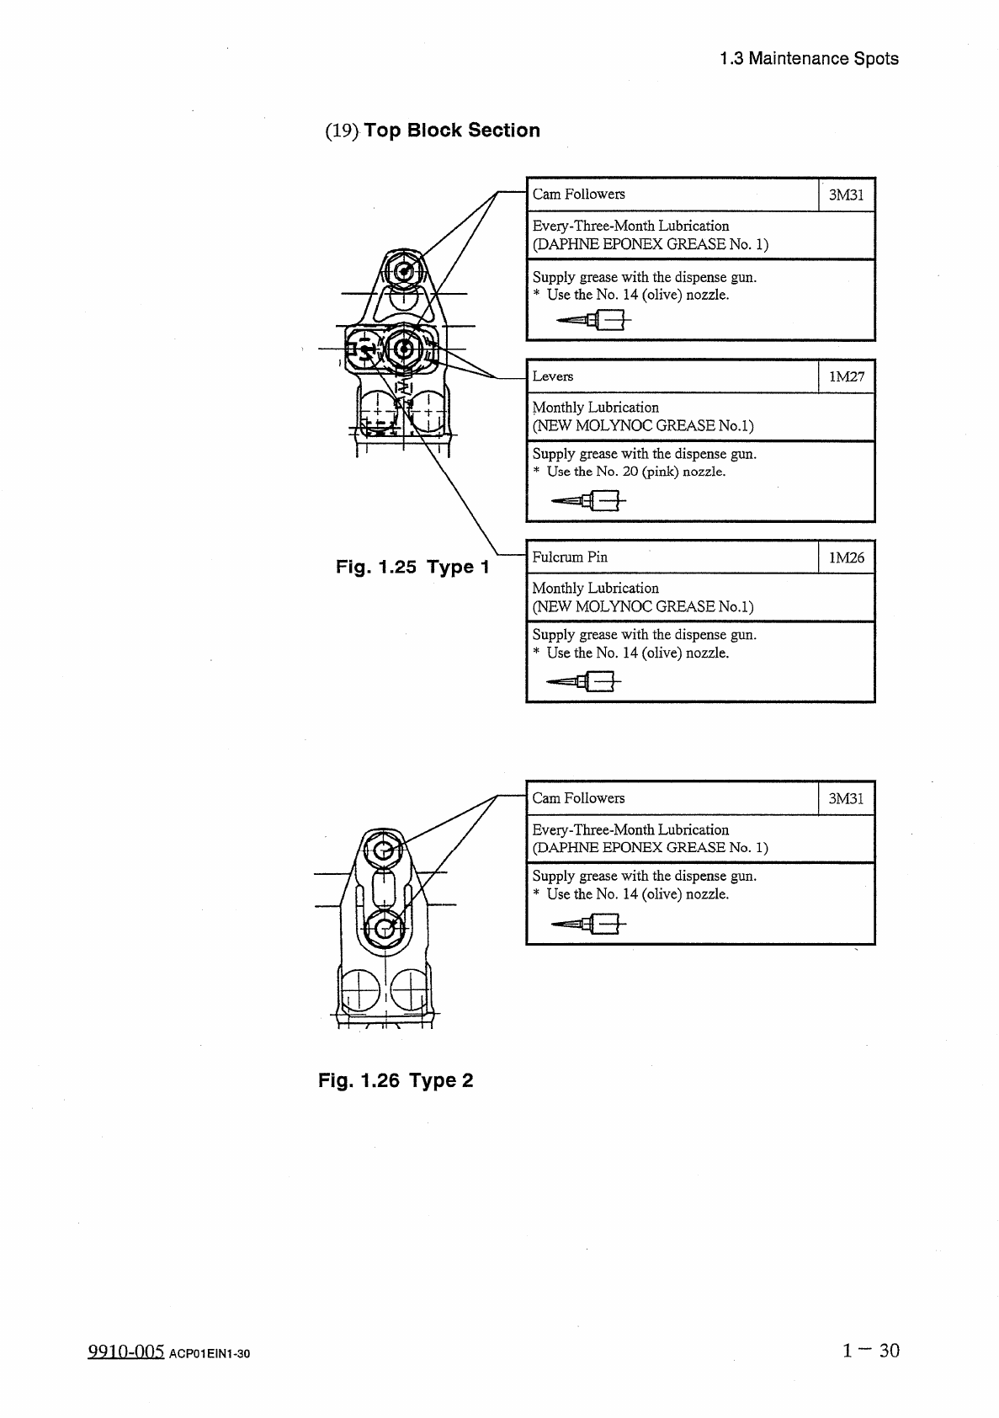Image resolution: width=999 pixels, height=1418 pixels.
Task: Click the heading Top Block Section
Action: (451, 131)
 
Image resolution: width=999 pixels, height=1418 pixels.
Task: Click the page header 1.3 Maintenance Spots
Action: (809, 59)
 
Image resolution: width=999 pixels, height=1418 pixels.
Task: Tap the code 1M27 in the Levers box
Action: (846, 376)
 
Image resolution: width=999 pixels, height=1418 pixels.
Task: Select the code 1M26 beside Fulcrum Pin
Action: (846, 557)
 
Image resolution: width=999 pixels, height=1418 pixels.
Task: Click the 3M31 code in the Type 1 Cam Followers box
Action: (846, 195)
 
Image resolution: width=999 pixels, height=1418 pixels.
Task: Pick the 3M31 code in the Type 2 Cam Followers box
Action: (846, 798)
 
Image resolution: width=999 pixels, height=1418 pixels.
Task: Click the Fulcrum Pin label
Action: (569, 557)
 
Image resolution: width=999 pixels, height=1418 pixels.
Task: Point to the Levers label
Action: (552, 376)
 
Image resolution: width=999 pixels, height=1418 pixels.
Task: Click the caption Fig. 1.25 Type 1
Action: (412, 567)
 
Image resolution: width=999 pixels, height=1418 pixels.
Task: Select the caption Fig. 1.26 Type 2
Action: (395, 1080)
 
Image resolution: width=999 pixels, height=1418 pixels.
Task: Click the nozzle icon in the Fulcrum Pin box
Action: (583, 681)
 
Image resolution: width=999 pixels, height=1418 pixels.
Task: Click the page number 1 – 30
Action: (870, 1351)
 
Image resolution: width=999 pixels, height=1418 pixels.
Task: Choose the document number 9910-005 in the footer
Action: (125, 1352)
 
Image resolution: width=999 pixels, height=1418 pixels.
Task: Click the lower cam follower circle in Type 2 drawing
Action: (385, 927)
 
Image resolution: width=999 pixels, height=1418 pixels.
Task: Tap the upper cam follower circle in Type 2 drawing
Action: (385, 850)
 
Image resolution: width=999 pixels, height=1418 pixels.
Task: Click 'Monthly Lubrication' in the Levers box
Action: (595, 408)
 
